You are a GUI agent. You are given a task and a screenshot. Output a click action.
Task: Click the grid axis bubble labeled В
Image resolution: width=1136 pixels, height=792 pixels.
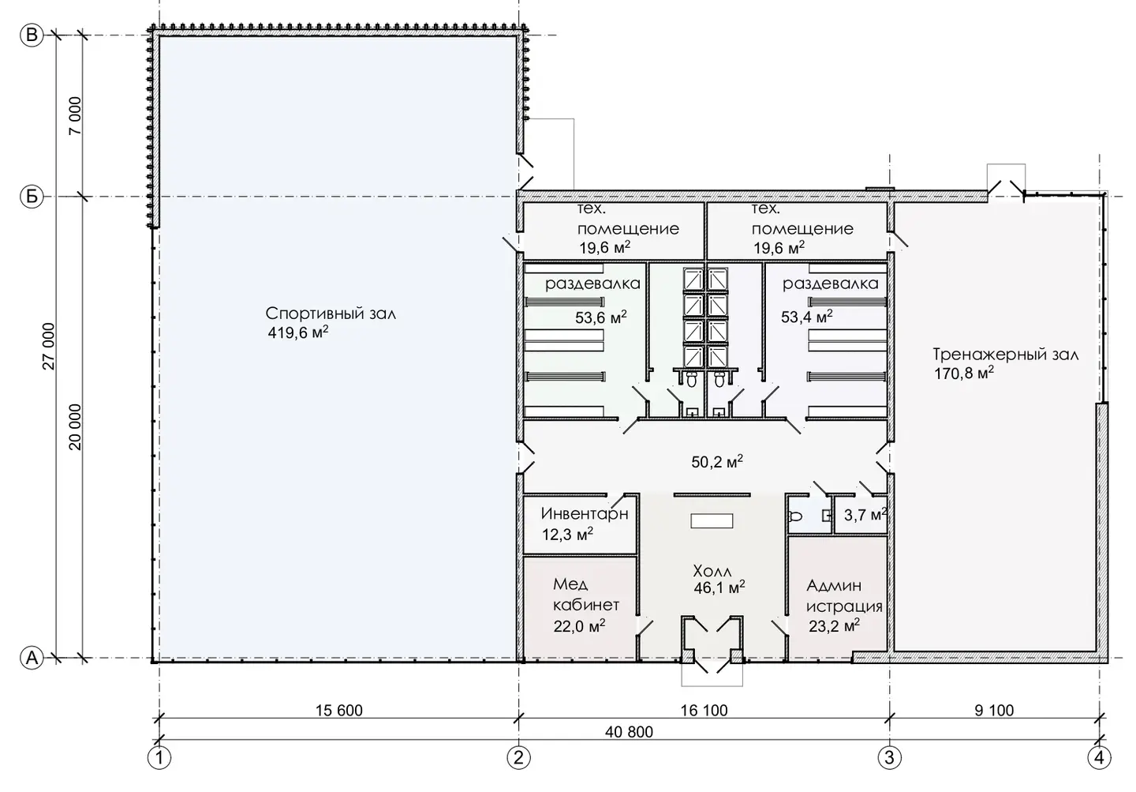[x=32, y=36]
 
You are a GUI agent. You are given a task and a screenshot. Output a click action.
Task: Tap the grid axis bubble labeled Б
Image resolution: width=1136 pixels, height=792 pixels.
[x=32, y=197]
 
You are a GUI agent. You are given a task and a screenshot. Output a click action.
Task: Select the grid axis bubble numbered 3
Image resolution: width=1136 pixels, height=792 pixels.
[x=890, y=758]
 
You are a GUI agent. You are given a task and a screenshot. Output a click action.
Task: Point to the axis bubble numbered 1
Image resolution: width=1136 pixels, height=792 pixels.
[x=159, y=758]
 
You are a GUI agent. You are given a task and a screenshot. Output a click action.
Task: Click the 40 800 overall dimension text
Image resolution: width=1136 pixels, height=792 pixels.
[x=629, y=731]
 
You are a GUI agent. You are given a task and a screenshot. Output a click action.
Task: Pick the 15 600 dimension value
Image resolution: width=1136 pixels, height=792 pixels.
[x=338, y=710]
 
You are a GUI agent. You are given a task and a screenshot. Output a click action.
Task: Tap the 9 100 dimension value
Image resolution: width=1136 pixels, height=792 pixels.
[x=994, y=710]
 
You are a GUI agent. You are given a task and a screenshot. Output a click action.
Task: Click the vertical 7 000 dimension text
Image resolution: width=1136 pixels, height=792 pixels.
[x=74, y=116]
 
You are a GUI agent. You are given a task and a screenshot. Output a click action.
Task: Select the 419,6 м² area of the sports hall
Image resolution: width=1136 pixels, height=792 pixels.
[x=298, y=333]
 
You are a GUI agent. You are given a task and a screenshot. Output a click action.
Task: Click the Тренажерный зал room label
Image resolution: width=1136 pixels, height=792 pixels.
[x=1006, y=355]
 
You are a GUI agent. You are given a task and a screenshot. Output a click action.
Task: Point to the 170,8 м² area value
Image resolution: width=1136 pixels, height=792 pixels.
[x=964, y=373]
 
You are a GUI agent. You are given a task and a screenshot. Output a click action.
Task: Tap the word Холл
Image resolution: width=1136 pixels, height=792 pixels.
[x=712, y=572]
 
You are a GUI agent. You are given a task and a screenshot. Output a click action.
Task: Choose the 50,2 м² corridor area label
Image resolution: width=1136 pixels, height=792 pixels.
[x=717, y=462]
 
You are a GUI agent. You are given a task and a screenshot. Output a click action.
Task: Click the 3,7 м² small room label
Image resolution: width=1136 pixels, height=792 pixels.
[x=865, y=515]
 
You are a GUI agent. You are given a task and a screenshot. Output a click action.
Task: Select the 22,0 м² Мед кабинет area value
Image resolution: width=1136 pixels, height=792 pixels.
[x=579, y=626]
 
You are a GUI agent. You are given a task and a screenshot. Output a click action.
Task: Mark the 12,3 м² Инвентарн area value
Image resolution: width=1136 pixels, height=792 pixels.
[x=567, y=535]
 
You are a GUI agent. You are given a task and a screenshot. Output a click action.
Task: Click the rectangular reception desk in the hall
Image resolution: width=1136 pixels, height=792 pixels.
[x=712, y=521]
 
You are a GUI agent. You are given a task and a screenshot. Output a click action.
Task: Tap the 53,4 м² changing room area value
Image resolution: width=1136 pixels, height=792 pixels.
[x=807, y=317]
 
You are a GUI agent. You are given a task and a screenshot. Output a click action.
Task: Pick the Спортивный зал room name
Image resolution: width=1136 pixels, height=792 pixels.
[x=331, y=313]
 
